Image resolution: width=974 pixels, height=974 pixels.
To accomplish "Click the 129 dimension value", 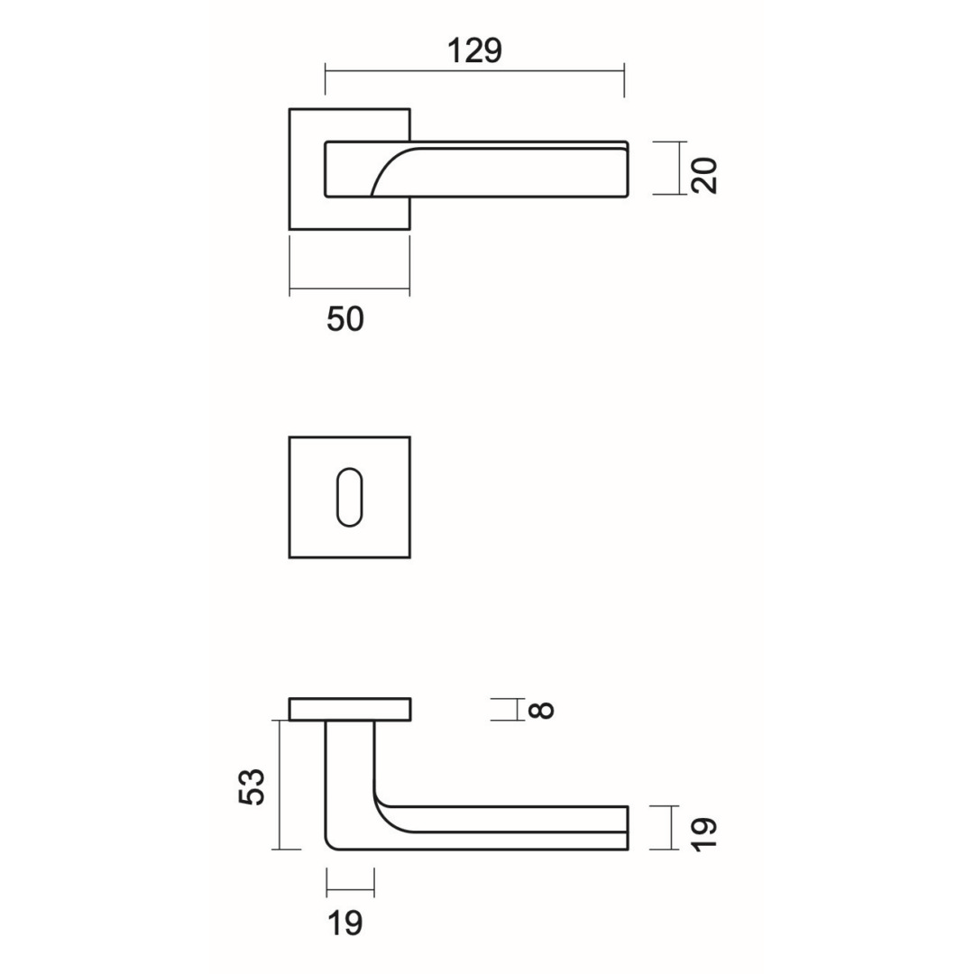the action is (474, 51).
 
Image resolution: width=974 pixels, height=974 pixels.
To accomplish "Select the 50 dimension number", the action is (345, 319).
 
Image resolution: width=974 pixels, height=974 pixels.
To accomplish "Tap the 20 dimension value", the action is (704, 176).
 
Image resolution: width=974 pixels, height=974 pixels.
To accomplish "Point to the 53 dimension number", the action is (253, 787).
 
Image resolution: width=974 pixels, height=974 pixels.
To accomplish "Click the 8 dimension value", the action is (543, 710).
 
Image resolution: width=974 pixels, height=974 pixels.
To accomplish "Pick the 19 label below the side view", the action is (345, 923).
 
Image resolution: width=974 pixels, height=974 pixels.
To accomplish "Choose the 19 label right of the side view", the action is (704, 834).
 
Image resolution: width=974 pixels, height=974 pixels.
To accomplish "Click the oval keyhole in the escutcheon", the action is (349, 497).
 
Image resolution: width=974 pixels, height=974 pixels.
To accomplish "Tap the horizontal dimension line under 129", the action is (474, 71).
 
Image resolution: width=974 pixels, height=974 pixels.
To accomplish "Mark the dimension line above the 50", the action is (349, 289).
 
